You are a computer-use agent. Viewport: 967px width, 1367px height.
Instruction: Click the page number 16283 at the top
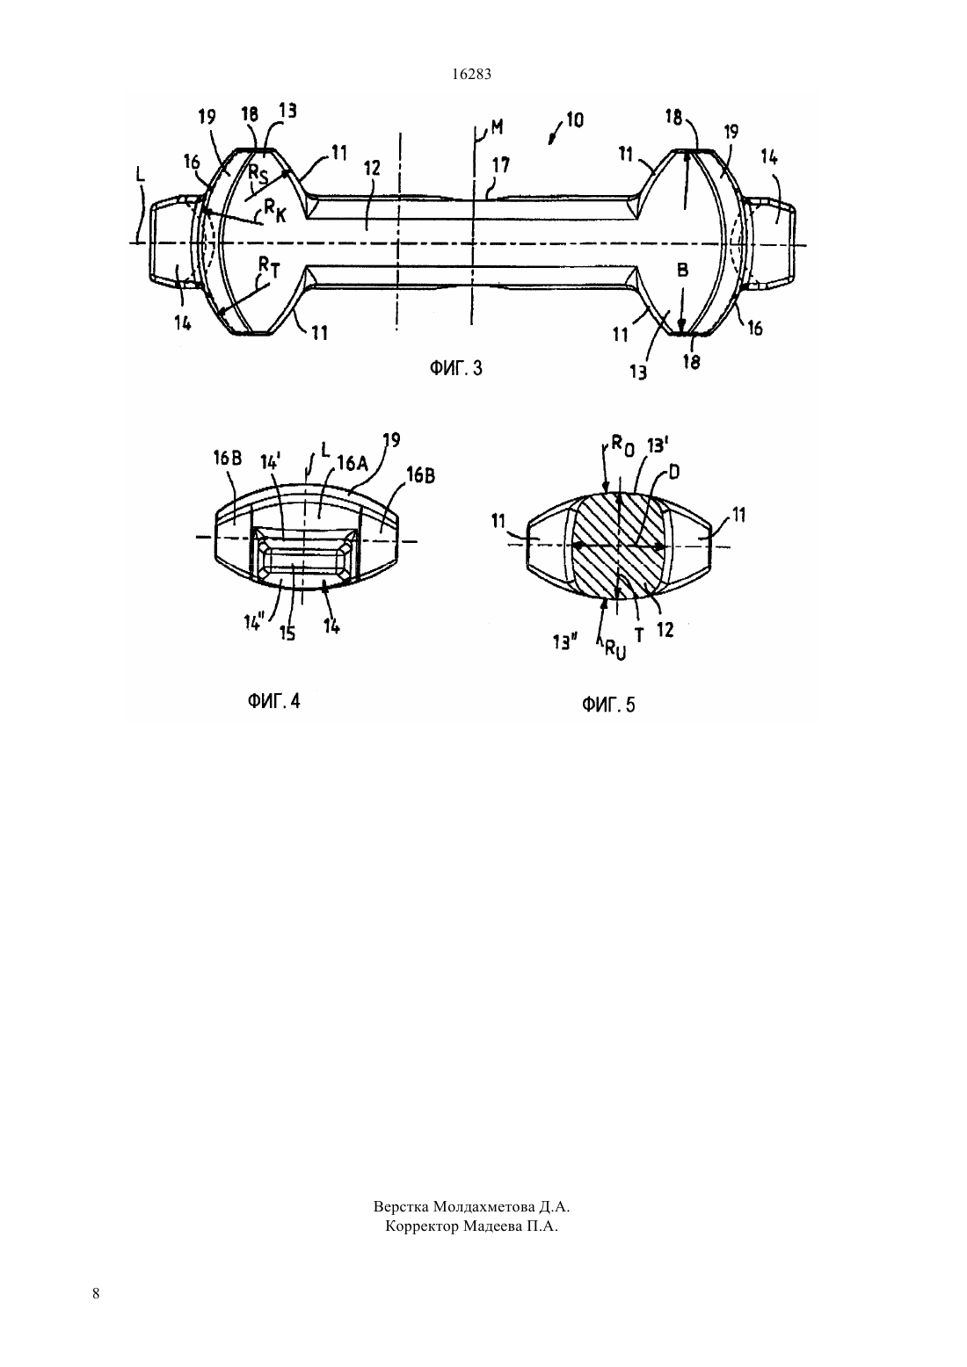point(471,75)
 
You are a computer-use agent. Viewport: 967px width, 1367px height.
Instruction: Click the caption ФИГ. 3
point(456,368)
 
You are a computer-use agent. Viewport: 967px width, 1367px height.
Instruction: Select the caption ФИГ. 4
point(273,701)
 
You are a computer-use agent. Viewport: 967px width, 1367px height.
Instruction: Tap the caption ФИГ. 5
point(608,705)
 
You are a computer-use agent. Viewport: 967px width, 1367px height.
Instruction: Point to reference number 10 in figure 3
point(574,119)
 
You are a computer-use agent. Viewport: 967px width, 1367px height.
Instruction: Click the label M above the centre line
point(498,127)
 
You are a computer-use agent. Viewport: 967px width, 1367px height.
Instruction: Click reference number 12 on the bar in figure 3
point(372,169)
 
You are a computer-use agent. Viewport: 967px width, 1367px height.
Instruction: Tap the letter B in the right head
point(682,270)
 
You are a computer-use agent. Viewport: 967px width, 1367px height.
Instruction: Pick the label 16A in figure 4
point(352,464)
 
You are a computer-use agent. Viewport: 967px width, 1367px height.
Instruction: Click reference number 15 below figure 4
point(287,633)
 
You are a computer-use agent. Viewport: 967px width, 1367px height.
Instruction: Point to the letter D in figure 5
point(674,472)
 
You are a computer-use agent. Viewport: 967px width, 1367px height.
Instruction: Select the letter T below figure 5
point(639,635)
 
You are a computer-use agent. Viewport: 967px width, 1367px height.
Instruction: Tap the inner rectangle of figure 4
point(302,557)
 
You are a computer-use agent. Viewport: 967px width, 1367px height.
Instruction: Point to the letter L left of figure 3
point(141,176)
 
